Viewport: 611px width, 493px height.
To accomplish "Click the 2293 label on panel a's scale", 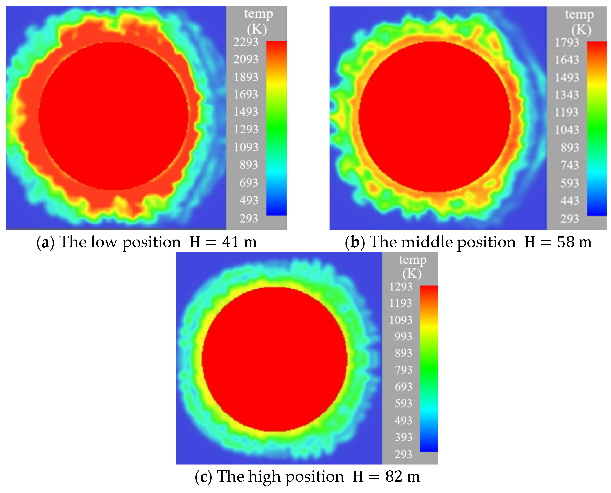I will [x=246, y=42].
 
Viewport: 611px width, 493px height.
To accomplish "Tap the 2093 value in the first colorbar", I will [x=246, y=59].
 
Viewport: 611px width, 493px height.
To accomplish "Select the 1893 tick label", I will [x=246, y=77].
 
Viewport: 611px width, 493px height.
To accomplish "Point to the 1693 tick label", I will [x=246, y=94].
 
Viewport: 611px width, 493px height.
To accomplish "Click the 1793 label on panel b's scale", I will [x=567, y=43].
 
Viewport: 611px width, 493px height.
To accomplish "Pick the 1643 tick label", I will [x=567, y=60].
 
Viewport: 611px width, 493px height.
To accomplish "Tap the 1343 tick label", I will [x=567, y=95].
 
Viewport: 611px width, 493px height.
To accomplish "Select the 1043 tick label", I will [x=567, y=130].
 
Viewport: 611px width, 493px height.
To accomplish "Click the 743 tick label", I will [x=570, y=165].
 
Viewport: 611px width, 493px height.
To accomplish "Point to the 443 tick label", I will [x=570, y=201].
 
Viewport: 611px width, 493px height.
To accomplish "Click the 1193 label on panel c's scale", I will [x=401, y=303].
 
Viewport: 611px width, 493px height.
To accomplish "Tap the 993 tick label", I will [x=403, y=337].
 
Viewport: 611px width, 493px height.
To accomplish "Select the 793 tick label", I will [x=403, y=370].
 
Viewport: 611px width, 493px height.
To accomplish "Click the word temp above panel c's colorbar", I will [x=413, y=260].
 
